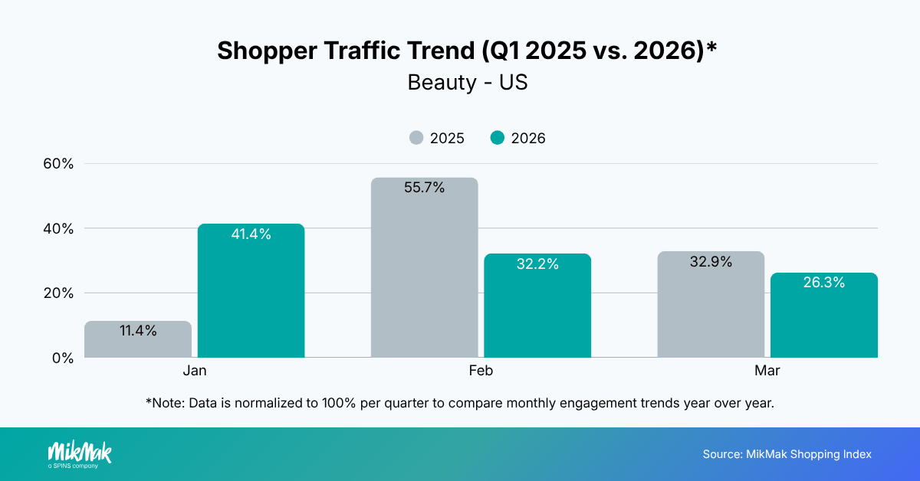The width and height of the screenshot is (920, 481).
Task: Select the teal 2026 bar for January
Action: [x=251, y=291]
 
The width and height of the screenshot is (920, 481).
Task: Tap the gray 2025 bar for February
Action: [x=424, y=268]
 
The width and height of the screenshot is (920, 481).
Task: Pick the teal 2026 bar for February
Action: [x=537, y=306]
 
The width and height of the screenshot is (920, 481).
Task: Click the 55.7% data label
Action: [x=424, y=188]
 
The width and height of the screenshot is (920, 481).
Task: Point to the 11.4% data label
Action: [x=138, y=331]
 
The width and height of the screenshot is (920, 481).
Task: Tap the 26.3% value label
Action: [x=824, y=283]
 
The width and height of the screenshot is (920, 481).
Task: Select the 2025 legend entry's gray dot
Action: [x=416, y=138]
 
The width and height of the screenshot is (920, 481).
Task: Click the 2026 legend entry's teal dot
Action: [x=498, y=138]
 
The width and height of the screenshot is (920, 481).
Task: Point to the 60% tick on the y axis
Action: [x=58, y=164]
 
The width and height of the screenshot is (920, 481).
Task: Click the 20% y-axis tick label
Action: [x=58, y=293]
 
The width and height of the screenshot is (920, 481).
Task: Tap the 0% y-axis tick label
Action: [x=61, y=358]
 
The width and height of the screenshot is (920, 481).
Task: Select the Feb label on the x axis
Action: [x=481, y=371]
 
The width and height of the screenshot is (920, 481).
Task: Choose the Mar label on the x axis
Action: [x=767, y=371]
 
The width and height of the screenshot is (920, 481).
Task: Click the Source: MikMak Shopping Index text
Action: [x=787, y=454]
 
